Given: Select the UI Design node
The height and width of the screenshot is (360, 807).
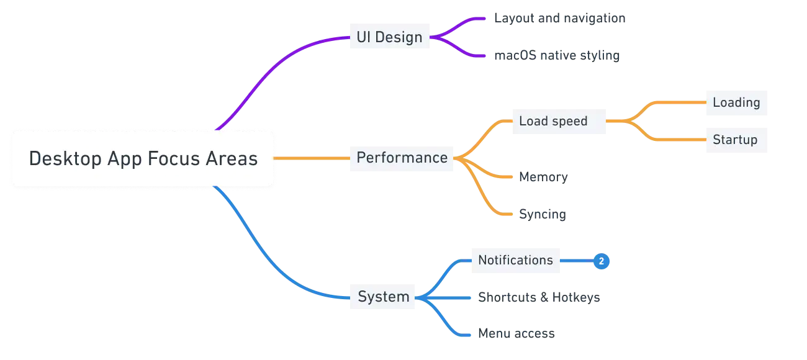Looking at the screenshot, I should tap(389, 37).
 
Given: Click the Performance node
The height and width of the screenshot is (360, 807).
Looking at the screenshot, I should tap(402, 158).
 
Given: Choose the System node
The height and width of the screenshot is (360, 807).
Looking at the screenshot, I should tap(383, 297).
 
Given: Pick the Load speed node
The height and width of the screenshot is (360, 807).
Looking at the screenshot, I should tap(552, 121).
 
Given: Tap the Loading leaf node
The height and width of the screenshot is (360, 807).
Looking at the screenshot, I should tap(736, 103).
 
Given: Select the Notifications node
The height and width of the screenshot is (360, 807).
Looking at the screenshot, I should tap(515, 260).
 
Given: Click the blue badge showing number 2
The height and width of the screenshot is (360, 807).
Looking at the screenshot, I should tap(601, 261).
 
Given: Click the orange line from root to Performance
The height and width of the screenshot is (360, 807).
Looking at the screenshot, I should tap(310, 159).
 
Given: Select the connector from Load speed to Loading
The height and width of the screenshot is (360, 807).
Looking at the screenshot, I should tap(658, 105).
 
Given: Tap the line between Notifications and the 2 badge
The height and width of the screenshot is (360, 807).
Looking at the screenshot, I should tap(575, 261).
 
